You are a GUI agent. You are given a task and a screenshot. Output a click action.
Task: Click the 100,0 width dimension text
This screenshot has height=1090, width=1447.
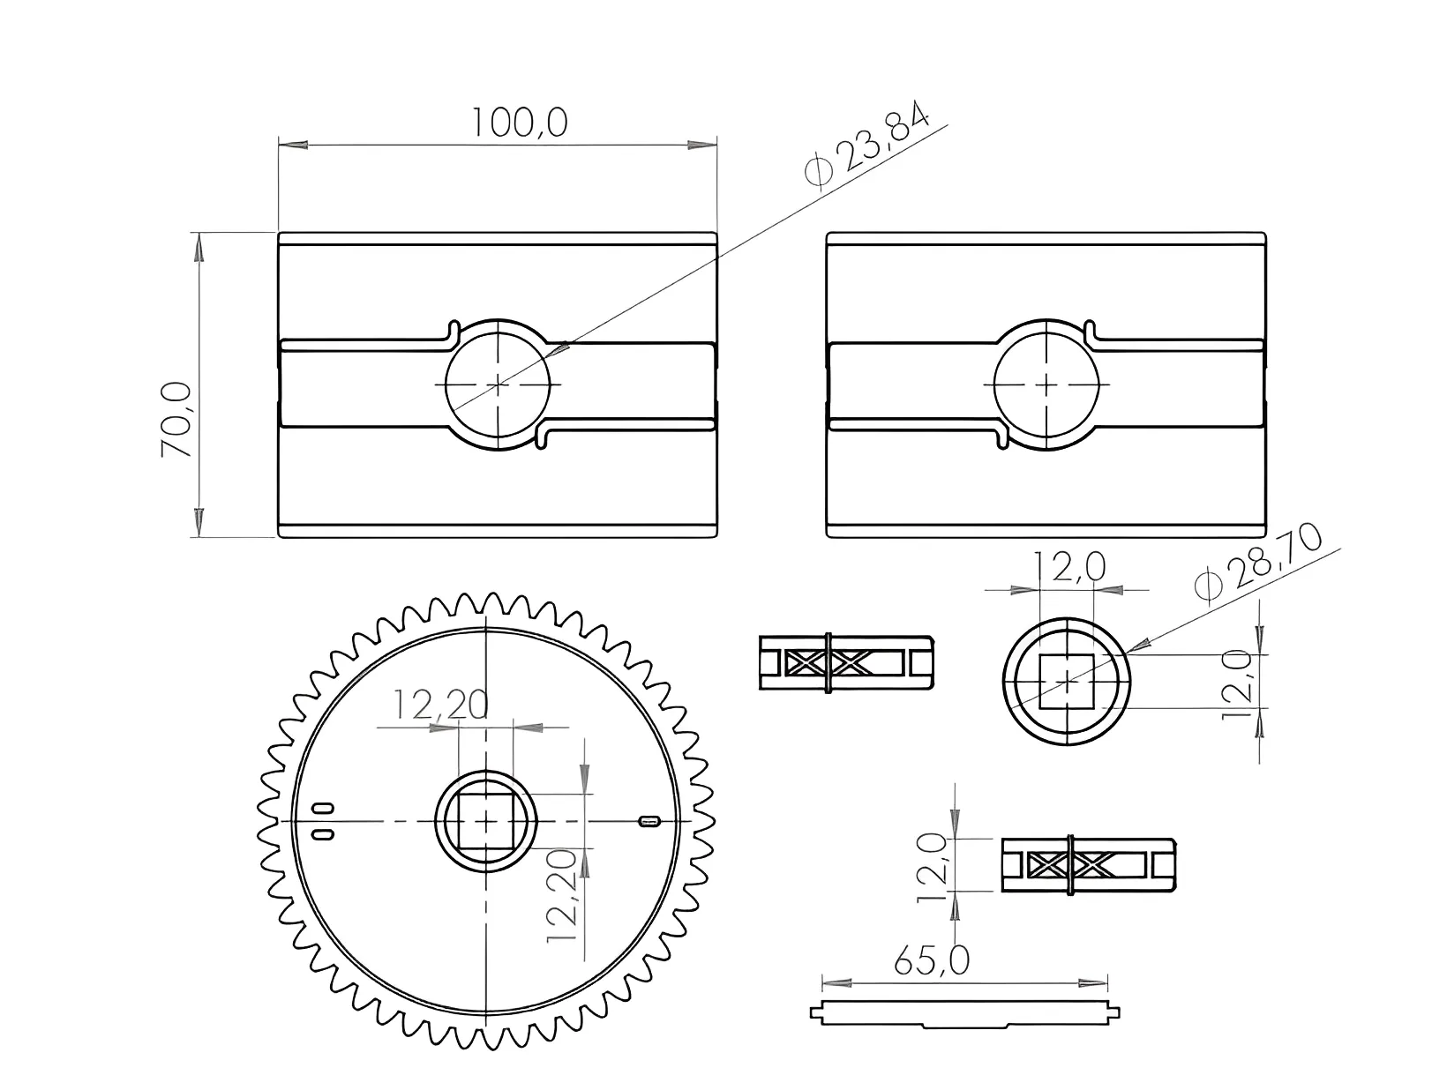pyautogui.click(x=520, y=123)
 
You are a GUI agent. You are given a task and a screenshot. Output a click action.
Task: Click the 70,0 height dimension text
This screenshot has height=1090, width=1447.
pyautogui.click(x=176, y=420)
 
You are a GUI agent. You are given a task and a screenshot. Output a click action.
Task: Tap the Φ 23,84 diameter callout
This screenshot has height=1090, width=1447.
pyautogui.click(x=867, y=145)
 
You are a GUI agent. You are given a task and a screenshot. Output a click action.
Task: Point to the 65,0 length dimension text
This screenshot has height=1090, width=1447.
pyautogui.click(x=932, y=961)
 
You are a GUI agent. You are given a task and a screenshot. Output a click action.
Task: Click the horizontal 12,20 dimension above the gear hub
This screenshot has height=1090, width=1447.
pyautogui.click(x=440, y=705)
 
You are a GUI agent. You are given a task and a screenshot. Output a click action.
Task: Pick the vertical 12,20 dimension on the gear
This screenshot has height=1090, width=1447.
pyautogui.click(x=562, y=896)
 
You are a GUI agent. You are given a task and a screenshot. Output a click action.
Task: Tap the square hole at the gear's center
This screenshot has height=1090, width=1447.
pyautogui.click(x=486, y=821)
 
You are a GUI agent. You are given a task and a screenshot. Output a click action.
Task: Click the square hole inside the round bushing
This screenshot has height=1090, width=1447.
pyautogui.click(x=1067, y=682)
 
